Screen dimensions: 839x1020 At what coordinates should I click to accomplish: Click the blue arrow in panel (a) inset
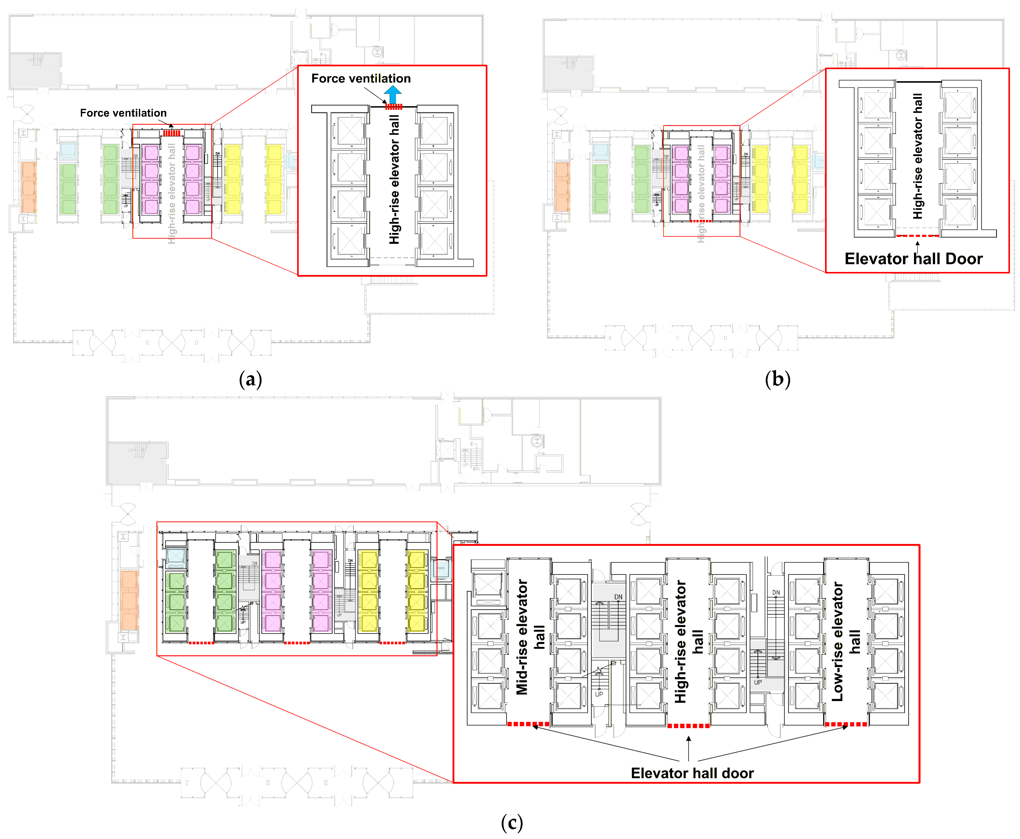point(393,94)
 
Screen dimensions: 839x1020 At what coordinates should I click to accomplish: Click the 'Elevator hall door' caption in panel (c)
point(692,773)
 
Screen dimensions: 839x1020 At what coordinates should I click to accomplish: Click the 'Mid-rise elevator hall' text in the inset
point(530,637)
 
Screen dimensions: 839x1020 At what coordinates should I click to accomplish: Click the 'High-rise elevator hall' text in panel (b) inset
point(917,156)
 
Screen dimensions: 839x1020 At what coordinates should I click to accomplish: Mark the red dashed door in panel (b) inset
point(917,236)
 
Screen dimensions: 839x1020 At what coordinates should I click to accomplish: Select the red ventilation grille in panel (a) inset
point(394,107)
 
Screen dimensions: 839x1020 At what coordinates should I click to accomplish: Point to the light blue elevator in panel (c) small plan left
point(175,557)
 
